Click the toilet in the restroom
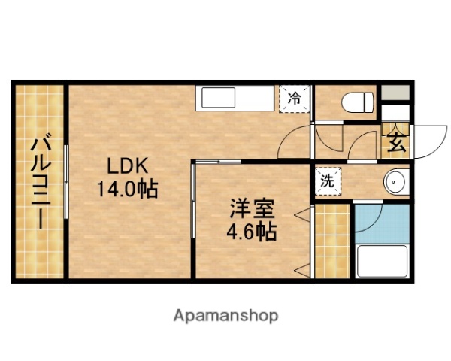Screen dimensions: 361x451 pos(356,102)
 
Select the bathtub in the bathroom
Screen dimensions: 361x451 pos(383,259)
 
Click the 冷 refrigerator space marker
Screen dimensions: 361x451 pos(294,98)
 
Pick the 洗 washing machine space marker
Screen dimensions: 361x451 pos(327,180)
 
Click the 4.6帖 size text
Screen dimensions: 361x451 pos(251,232)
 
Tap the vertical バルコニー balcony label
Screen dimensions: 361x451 pos(38,180)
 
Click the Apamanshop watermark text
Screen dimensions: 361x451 pos(225,315)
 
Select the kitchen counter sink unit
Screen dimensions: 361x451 pos(236,99)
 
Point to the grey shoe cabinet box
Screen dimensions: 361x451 pos(395,93)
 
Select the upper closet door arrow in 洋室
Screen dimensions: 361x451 pos(303,215)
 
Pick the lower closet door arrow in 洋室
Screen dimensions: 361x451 pos(303,268)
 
